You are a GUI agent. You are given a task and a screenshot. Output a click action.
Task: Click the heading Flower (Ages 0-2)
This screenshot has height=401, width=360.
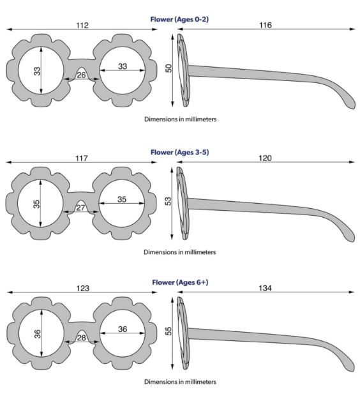tap(179, 19)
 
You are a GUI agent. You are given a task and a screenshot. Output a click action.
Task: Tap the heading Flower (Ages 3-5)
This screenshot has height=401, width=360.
tap(179, 153)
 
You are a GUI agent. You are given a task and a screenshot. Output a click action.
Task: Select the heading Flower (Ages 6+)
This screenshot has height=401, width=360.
tap(180, 282)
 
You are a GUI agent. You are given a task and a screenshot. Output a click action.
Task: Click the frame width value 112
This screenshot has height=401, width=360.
tap(82, 26)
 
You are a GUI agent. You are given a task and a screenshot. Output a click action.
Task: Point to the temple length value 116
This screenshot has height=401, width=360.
tap(266, 25)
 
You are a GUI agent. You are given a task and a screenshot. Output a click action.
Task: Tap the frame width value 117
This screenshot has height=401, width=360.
tap(82, 158)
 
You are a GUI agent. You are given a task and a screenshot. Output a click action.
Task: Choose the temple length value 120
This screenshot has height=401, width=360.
tap(265, 158)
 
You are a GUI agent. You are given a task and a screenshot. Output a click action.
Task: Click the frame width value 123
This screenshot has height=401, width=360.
tap(83, 289)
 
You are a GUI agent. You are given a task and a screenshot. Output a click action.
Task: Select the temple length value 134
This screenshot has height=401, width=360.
tap(265, 288)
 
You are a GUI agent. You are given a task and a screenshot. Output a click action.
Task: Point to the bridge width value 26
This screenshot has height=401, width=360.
tap(81, 75)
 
